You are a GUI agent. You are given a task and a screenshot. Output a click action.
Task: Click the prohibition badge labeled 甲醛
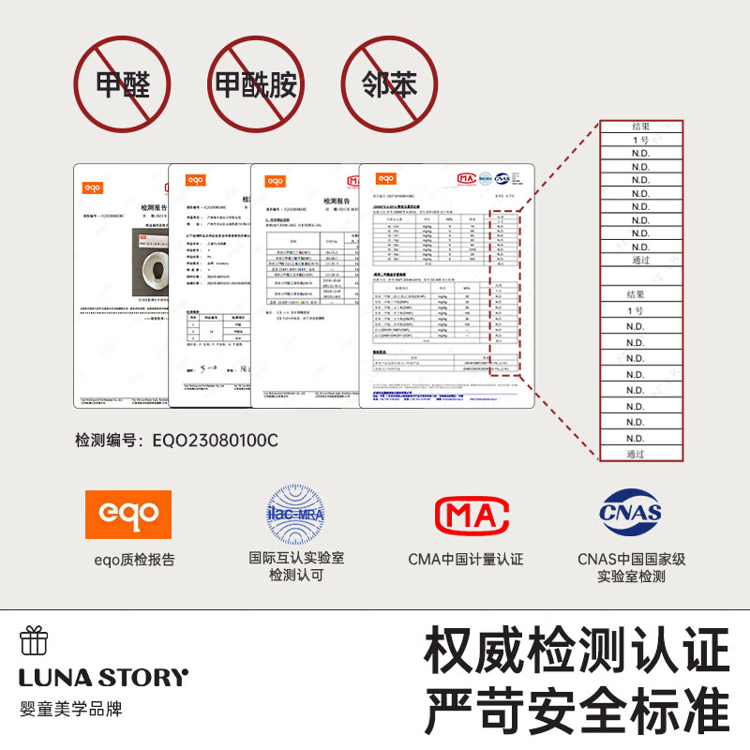coord(123,85)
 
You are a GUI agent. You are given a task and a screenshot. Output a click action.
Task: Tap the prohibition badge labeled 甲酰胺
coord(256,85)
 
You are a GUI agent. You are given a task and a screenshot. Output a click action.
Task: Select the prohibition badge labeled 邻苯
coord(389,85)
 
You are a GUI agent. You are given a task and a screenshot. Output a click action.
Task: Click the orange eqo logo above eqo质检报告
coord(128,514)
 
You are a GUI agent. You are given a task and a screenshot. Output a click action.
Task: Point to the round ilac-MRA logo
coord(296,514)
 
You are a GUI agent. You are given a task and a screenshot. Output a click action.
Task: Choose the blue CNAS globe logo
coord(631,514)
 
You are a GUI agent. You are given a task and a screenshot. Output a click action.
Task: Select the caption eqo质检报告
coord(134,560)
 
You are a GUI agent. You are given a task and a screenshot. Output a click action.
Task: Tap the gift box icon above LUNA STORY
coord(34,641)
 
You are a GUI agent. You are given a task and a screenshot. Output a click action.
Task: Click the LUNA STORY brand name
coord(104,677)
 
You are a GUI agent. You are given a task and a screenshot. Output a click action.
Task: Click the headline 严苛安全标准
coord(577,711)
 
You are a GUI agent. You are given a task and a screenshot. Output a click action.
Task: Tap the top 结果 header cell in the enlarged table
coord(640,127)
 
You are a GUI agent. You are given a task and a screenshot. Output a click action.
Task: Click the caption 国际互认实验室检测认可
coord(296,566)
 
